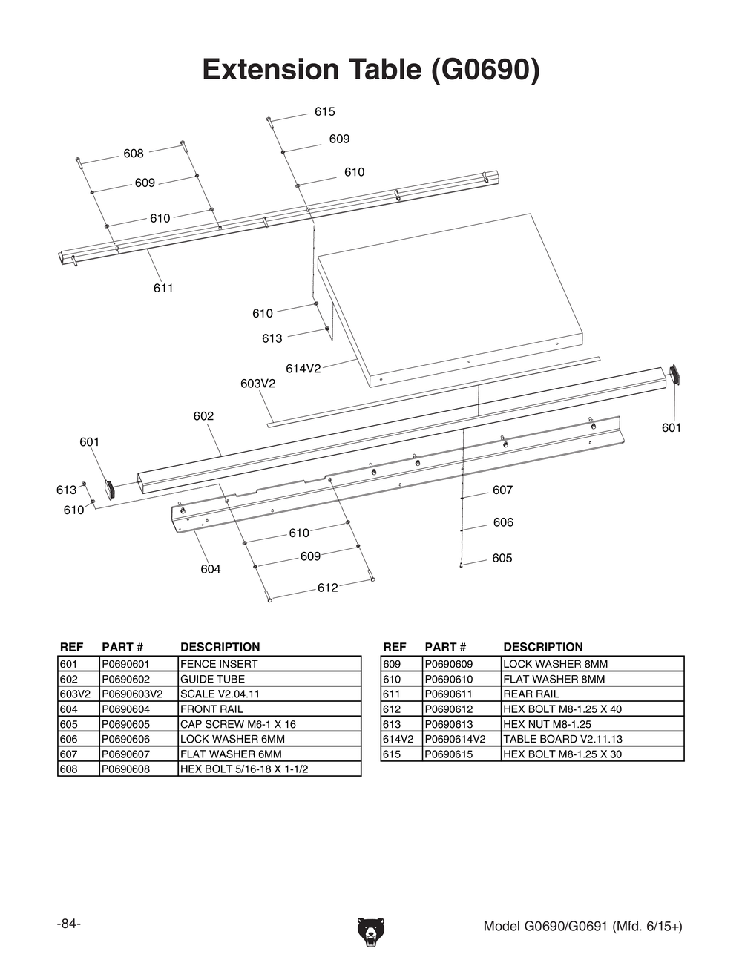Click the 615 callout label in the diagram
(324, 112)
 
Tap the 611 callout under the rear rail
(163, 288)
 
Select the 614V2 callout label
(303, 369)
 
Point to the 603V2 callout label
(257, 384)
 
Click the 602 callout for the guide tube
(203, 416)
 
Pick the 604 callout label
(210, 569)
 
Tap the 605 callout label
(502, 558)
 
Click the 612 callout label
(327, 588)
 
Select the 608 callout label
(134, 154)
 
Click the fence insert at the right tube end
(674, 375)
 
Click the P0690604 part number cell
(126, 709)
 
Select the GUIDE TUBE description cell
(212, 679)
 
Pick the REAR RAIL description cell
(531, 694)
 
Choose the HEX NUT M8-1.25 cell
(547, 724)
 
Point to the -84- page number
(68, 924)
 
